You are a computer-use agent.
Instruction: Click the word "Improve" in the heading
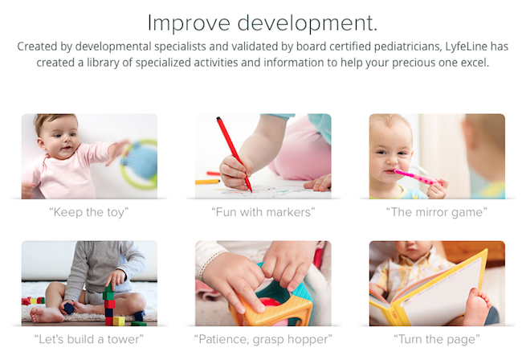tap(189, 23)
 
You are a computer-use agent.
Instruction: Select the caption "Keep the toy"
tap(89, 212)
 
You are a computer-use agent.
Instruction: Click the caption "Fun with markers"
tap(263, 212)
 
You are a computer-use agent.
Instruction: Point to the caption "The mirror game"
tap(436, 212)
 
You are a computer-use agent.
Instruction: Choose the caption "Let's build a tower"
tap(89, 339)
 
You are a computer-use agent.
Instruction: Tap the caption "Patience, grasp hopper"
tap(263, 339)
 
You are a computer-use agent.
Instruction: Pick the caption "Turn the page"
tap(436, 339)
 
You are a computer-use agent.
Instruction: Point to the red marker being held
tap(234, 153)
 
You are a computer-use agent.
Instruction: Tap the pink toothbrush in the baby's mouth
tap(417, 177)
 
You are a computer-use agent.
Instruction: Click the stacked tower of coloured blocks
tap(109, 305)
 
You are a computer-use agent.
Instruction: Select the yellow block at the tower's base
tap(119, 321)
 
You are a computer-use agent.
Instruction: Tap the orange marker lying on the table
tap(208, 182)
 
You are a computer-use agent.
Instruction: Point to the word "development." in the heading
tap(308, 23)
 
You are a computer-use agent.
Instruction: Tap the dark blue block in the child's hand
tap(69, 309)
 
